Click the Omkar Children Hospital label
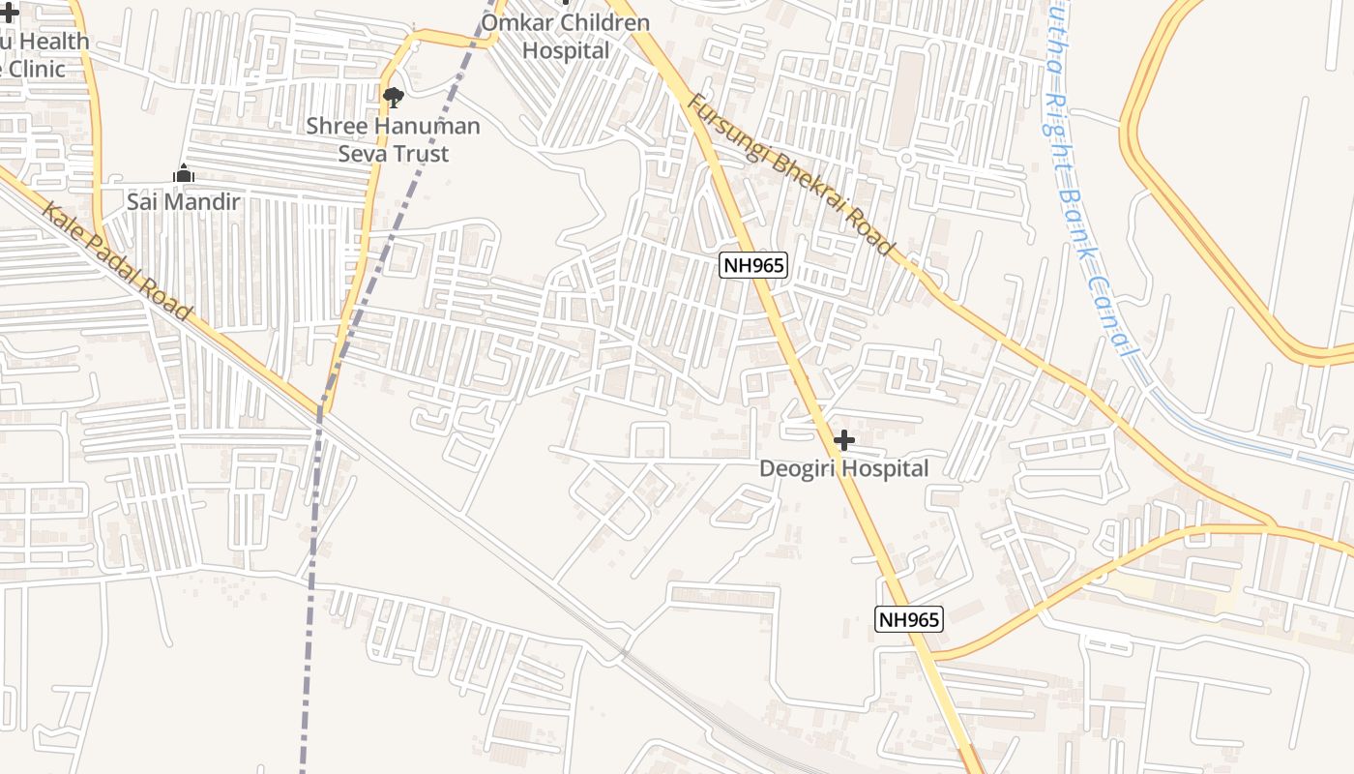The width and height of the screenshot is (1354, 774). (x=566, y=37)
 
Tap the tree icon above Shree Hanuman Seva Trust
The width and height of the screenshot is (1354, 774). (x=393, y=97)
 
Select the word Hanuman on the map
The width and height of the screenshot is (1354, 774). (x=427, y=126)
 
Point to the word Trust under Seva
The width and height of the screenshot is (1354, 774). (x=419, y=154)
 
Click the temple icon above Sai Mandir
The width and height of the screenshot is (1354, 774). (x=183, y=174)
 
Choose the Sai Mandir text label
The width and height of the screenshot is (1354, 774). (x=183, y=202)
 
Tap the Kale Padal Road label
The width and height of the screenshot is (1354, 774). (x=116, y=261)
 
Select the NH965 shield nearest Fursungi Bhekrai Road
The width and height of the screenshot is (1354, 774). (x=753, y=264)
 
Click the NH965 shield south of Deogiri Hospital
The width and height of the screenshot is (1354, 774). (x=909, y=619)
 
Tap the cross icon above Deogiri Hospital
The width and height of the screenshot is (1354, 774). (x=843, y=441)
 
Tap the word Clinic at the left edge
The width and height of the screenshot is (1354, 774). (x=35, y=70)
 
